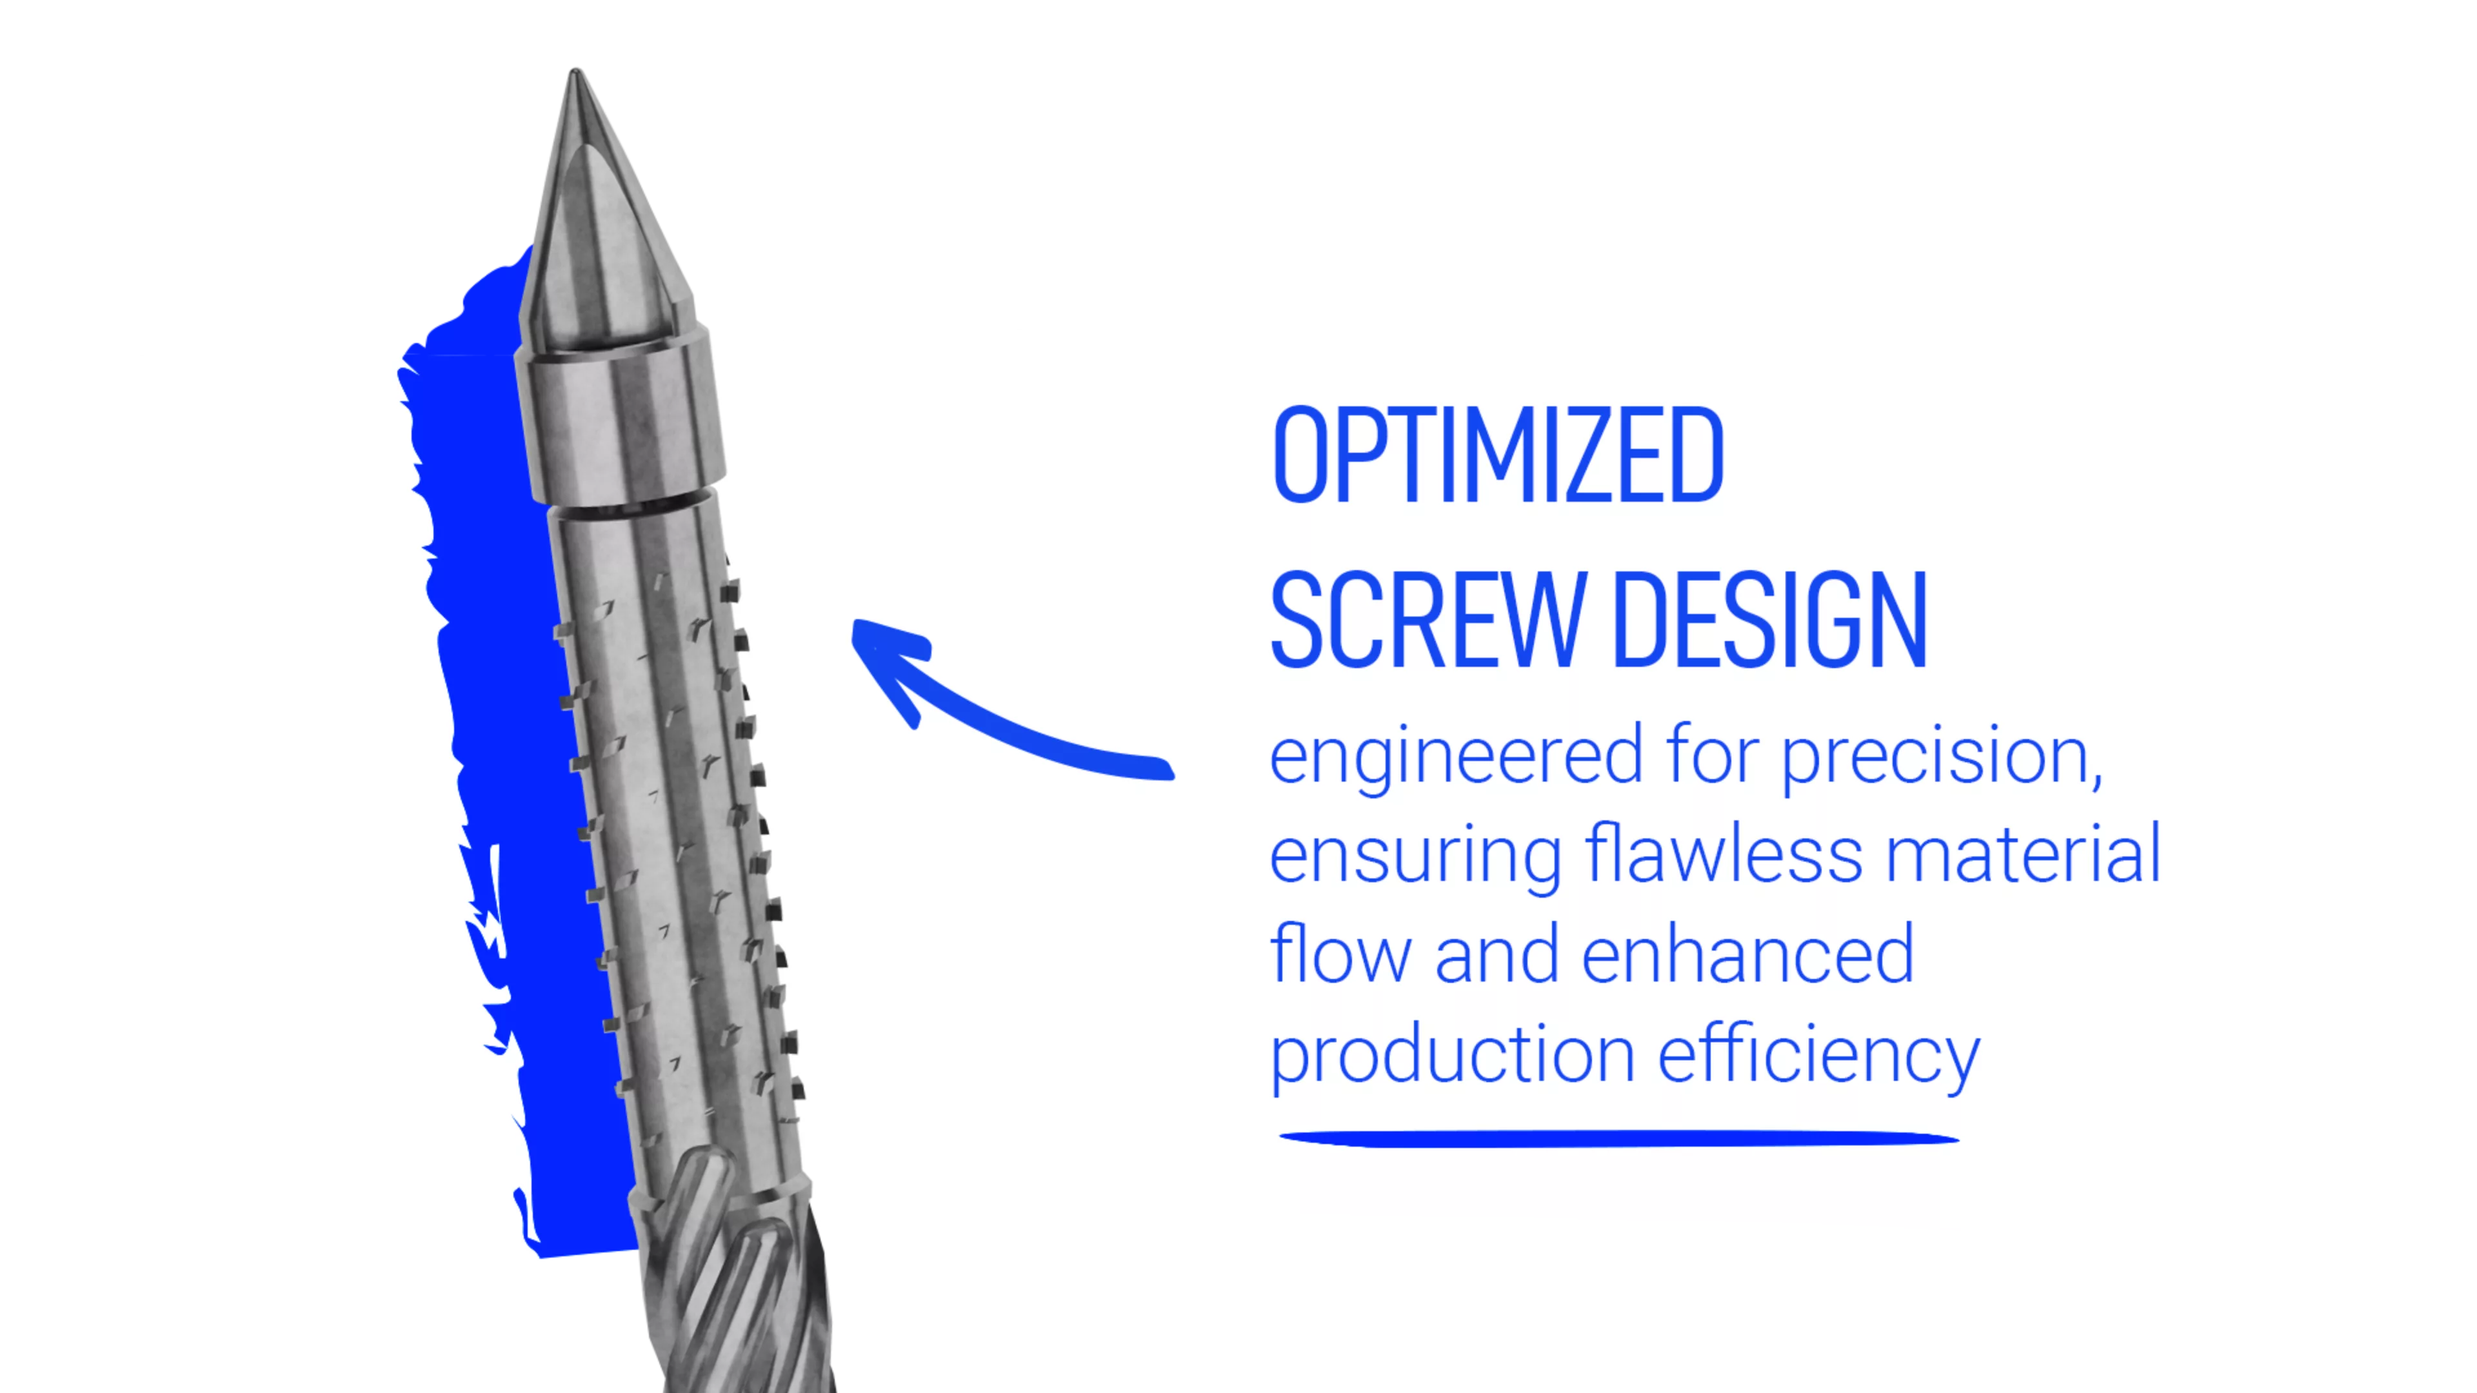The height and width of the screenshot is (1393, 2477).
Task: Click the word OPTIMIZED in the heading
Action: tap(1498, 454)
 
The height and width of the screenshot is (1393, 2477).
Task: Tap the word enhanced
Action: tap(1748, 954)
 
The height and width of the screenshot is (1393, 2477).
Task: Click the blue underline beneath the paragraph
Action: tap(1619, 1138)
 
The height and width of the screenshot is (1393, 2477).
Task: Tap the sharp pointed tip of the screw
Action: tap(575, 70)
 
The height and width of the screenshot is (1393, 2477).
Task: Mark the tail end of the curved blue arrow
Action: tap(1168, 769)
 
